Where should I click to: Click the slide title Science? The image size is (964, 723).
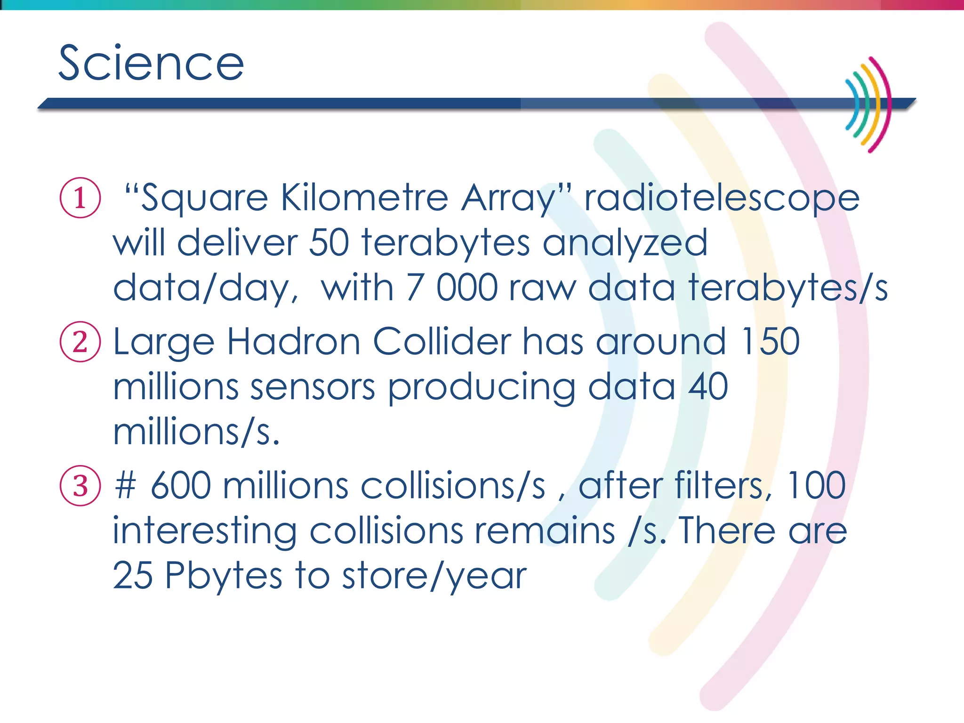151,63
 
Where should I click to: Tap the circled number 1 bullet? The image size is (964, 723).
80,198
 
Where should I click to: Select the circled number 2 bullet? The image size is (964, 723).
80,342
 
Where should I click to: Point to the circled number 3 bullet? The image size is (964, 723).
80,486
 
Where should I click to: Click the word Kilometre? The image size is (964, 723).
364,198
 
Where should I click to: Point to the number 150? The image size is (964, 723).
770,342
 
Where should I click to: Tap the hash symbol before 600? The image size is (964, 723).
125,486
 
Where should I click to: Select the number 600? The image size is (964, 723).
181,486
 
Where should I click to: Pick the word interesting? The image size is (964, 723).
204,531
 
